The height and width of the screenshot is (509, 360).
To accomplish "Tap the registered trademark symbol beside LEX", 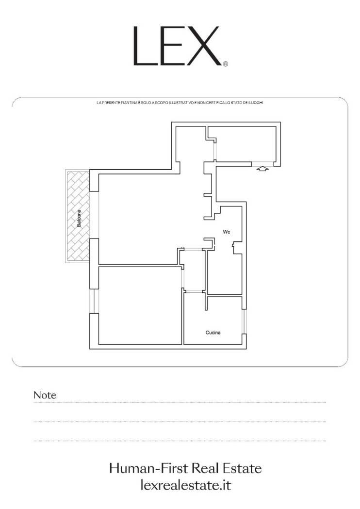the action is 226,64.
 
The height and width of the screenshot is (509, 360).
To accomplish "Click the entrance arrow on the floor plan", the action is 262,169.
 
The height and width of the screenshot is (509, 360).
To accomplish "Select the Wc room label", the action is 227,232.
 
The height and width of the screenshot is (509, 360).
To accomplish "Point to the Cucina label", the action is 213,333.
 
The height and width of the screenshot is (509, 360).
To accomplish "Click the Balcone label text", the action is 79,218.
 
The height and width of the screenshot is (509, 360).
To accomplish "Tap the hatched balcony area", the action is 78,216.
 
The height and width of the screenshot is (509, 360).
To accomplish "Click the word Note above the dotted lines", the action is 45,395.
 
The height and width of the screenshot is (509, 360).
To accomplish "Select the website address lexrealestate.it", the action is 186,485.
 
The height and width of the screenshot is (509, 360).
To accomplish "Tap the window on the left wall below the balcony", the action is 94,301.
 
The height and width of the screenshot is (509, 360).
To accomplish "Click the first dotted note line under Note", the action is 180,402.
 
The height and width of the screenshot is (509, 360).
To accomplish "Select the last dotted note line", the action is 180,441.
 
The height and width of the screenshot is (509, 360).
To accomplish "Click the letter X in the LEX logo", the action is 204,46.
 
